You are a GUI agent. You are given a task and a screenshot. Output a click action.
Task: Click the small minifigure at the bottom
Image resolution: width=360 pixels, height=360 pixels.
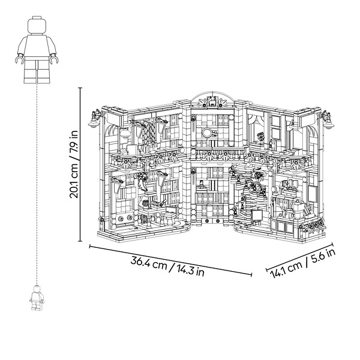coord(37,298)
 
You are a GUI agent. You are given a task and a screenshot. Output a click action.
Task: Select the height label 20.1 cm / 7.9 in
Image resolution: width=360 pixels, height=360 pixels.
coord(74,164)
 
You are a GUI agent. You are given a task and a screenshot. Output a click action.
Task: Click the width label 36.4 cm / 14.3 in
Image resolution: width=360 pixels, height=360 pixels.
coord(167,267)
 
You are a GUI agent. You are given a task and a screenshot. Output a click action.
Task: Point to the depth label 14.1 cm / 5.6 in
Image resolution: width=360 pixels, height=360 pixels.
coord(302,263)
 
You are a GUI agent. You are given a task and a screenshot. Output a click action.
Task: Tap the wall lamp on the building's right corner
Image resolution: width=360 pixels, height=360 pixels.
coord(326,119)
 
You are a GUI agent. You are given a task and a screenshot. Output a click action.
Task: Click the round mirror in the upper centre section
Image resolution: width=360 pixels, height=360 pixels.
coord(207,133)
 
